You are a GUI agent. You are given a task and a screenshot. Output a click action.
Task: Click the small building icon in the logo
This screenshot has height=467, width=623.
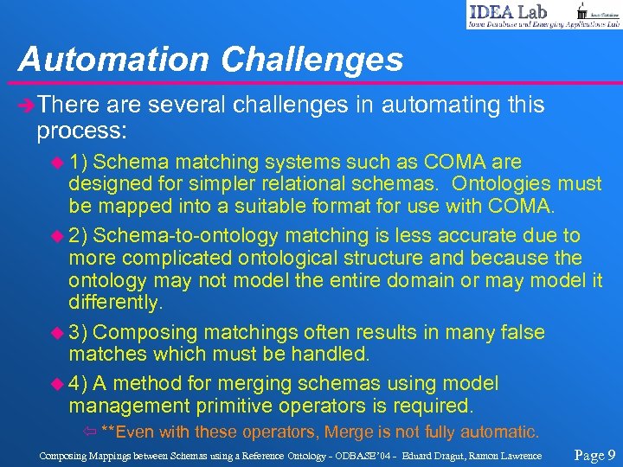(582, 10)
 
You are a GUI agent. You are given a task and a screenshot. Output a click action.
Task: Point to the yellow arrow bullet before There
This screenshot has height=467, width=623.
(28, 106)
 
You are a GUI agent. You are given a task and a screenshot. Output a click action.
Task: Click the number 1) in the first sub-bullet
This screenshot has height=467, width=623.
(83, 162)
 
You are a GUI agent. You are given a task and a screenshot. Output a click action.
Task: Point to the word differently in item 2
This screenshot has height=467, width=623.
(115, 302)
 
